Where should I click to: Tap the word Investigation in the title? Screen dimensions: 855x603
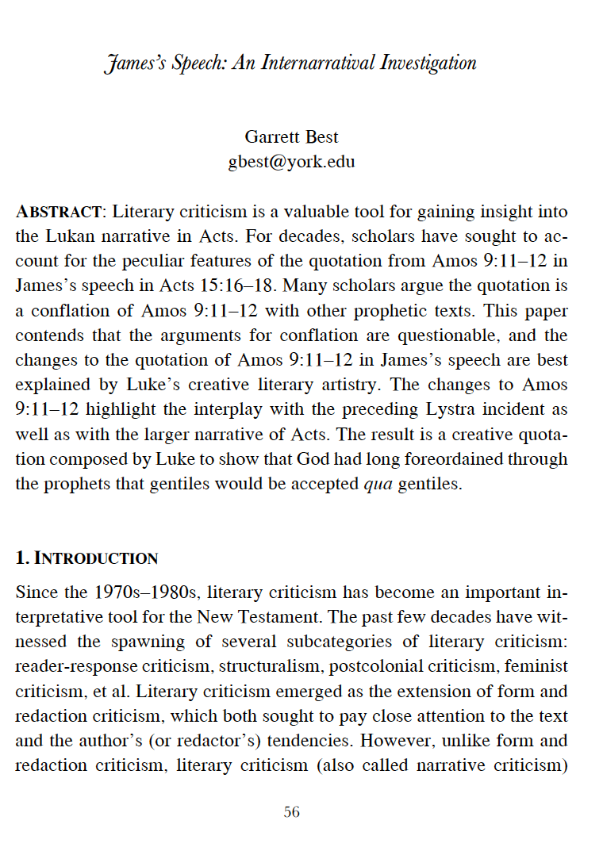coord(425,63)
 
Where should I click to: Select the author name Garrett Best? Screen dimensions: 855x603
coord(291,138)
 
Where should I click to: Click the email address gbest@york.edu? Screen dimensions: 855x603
coord(291,162)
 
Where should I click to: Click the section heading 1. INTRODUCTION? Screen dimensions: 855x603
coord(87,558)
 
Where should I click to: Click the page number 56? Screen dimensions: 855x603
coord(292,812)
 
